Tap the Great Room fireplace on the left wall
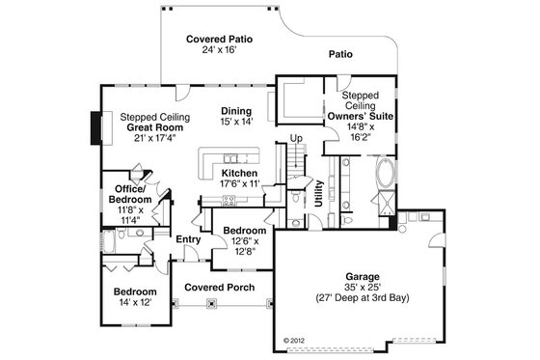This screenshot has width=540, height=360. pos(94,125)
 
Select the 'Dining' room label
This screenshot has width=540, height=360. pos(235,111)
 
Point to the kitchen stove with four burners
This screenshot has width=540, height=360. pos(230,200)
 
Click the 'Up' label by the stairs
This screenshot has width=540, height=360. pos(296,139)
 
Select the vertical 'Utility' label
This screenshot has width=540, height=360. pos(318,194)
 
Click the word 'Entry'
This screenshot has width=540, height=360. pos(187,238)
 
